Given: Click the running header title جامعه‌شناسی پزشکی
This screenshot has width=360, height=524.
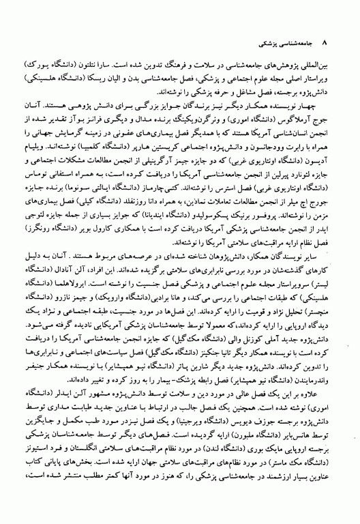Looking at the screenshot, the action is [286, 23].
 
